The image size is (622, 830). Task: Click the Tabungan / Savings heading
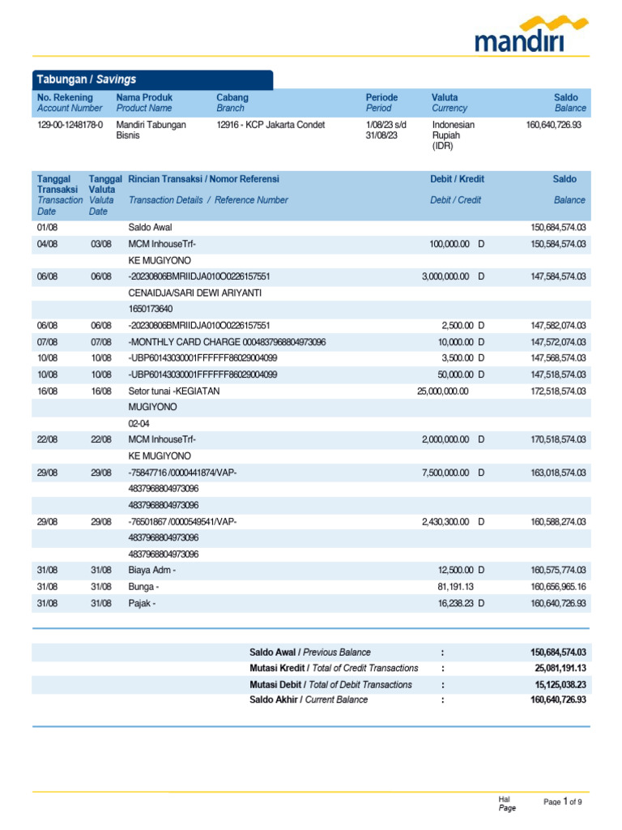click(85, 79)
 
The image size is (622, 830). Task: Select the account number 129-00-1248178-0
click(70, 125)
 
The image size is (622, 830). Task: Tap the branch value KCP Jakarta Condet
click(271, 125)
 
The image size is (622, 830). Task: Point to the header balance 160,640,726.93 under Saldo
click(554, 125)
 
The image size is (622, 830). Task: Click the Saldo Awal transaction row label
click(150, 228)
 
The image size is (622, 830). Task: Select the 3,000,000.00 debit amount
click(445, 276)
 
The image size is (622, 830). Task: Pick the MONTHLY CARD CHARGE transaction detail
click(227, 342)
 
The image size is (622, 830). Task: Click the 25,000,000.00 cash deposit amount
click(442, 391)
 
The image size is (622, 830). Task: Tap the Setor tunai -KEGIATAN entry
click(174, 391)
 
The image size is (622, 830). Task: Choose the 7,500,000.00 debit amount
click(445, 472)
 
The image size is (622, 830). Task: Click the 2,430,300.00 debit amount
click(445, 521)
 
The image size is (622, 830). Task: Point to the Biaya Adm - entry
click(151, 570)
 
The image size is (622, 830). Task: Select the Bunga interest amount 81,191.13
click(455, 586)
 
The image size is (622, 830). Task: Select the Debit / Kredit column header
click(457, 179)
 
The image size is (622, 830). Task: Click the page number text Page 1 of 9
click(562, 802)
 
